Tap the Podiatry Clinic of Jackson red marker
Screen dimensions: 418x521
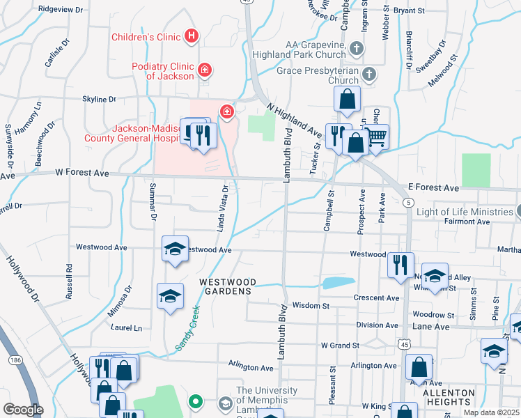coord(205,70)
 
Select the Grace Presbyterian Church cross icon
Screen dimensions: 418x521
coord(368,73)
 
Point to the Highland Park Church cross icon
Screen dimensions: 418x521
coord(356,48)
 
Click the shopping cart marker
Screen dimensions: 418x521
coord(376,137)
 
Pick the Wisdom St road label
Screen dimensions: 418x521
coord(311,305)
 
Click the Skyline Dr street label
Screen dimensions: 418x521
coord(99,100)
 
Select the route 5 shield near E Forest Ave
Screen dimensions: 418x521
coord(407,202)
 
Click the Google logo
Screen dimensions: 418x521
coord(22,409)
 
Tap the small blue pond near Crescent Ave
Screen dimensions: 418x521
coord(338,282)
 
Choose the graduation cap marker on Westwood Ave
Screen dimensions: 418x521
coord(175,249)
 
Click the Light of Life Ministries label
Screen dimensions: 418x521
coord(465,212)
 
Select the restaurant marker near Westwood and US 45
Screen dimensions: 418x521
coord(401,263)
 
